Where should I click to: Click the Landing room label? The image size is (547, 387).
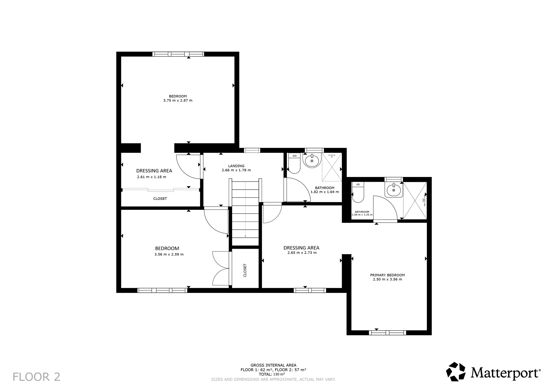click(236, 166)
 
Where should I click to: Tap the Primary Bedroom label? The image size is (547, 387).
click(387, 275)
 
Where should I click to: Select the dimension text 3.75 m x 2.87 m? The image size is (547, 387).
click(178, 100)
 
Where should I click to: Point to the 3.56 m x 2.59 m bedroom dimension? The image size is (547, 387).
click(169, 254)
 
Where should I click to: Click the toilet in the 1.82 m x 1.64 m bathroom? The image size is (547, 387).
click(295, 163)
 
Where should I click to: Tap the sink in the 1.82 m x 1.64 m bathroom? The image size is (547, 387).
click(312, 160)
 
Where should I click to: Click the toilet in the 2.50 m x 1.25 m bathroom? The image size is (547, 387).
click(358, 192)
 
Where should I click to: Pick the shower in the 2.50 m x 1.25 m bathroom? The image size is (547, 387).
click(415, 201)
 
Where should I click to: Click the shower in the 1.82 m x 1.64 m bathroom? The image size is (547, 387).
click(332, 167)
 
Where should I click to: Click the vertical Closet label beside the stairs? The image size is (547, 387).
click(245, 270)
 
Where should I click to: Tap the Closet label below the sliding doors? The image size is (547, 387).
click(160, 199)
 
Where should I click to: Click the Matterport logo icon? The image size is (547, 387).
click(456, 372)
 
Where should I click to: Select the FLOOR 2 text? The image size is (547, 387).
click(37, 377)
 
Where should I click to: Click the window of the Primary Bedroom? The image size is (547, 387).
click(387, 333)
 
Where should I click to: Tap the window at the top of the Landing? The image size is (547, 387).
click(252, 150)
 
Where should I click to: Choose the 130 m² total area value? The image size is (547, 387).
click(279, 374)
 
